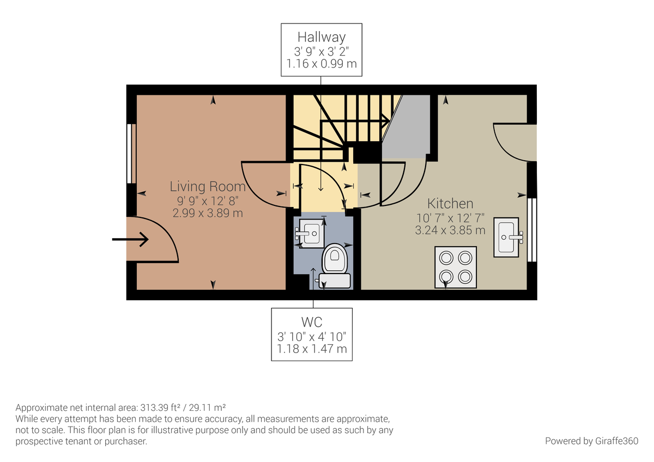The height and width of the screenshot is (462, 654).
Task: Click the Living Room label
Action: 208,186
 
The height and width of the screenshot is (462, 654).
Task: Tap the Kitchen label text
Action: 450,204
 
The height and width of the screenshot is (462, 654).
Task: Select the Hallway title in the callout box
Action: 322,37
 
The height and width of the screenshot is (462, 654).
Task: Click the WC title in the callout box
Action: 312,322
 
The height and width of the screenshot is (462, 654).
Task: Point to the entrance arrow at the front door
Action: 130,239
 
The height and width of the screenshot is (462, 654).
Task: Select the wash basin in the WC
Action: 311,233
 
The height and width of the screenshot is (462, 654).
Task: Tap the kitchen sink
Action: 507,236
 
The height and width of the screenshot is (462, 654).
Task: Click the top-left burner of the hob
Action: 446,257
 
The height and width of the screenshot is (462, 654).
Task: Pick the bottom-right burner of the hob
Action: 465,276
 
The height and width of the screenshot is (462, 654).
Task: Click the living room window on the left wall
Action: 130,154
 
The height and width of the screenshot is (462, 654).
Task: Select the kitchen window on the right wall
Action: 533,229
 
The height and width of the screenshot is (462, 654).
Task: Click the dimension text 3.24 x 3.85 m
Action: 450,230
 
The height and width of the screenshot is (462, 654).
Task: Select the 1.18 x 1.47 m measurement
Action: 312,349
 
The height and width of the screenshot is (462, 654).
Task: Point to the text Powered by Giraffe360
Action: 591,440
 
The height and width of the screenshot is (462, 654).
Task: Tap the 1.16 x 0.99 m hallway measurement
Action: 322,64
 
